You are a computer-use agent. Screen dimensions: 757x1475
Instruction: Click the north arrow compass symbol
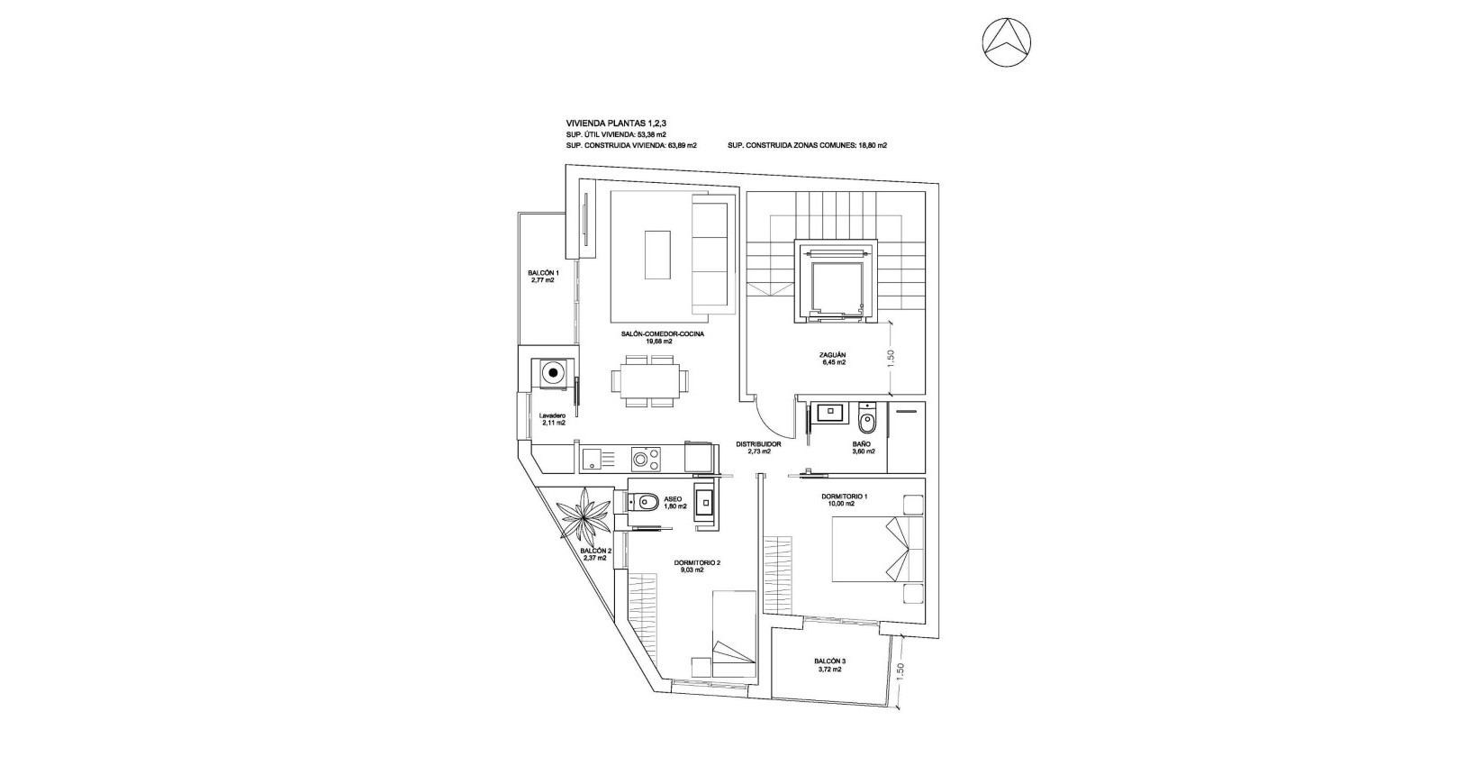click(x=1007, y=42)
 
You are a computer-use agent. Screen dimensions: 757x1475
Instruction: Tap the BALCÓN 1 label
click(x=543, y=273)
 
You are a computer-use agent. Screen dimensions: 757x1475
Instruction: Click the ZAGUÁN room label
click(x=833, y=355)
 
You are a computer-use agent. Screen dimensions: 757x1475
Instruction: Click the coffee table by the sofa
click(x=657, y=256)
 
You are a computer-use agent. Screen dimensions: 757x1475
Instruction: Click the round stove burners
click(x=645, y=460)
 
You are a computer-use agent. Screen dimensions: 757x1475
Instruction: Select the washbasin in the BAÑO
click(x=828, y=413)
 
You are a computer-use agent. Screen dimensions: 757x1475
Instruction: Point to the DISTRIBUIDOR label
click(x=758, y=444)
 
